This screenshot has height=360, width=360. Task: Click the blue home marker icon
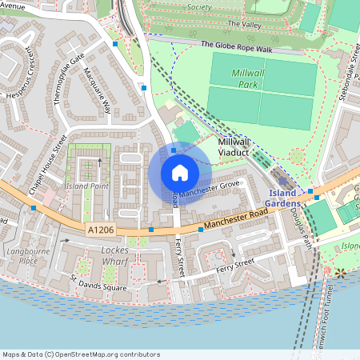coord(180,173)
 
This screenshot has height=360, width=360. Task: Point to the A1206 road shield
coord(96,229)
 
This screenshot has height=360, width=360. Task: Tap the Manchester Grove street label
coord(210,189)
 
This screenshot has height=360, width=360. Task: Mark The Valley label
coord(245,25)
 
